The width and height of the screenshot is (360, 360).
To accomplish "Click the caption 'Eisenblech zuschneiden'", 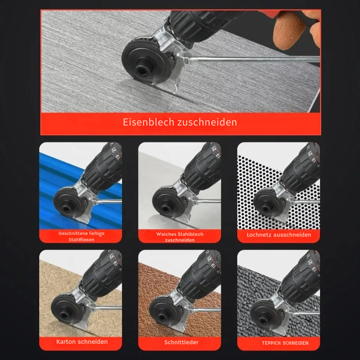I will (x=180, y=122).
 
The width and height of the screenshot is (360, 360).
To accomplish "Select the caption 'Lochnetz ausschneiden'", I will (x=279, y=234).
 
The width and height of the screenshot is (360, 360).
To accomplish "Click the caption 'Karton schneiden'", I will (x=82, y=342).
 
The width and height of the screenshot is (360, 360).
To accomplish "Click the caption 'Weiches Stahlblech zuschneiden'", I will (x=180, y=237).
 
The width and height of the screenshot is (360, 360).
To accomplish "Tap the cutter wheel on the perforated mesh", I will (x=265, y=202).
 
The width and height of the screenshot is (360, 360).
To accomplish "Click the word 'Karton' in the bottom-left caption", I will (x=67, y=342).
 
